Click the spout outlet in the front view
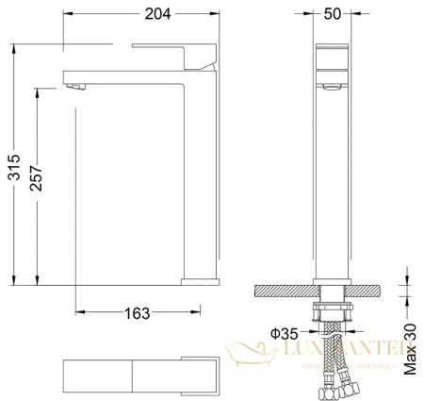pos(330,86)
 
